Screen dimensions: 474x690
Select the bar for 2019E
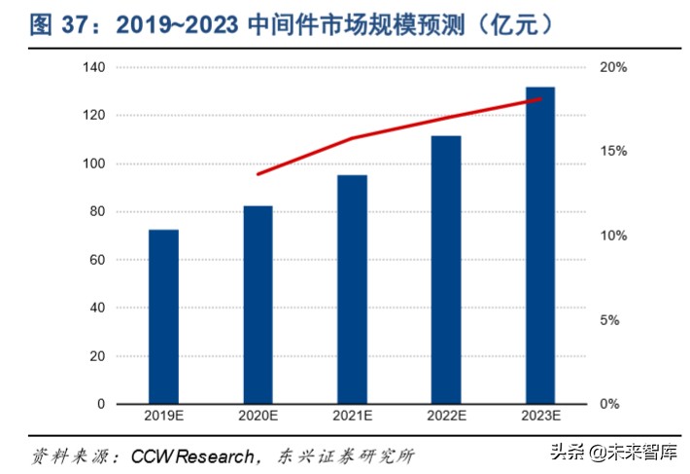pos(163,317)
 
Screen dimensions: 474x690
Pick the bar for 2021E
pos(352,290)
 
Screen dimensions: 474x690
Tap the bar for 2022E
pos(446,270)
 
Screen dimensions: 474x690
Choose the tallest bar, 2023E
pos(540,245)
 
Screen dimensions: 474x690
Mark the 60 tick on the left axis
pos(97,260)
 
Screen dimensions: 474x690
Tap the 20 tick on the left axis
pos(97,356)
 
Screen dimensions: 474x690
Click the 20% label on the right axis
pos(614,67)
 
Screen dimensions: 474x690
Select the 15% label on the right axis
pos(614,152)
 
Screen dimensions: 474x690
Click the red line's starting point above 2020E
pos(258,174)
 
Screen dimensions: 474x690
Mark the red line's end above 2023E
pos(540,99)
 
